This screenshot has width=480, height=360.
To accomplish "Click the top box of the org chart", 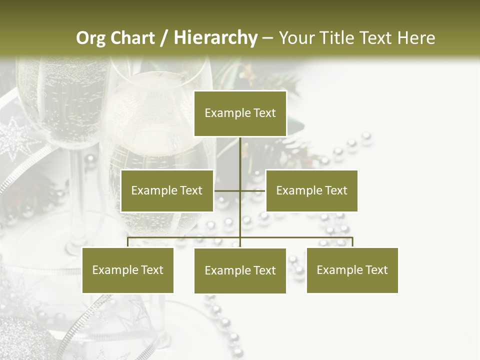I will [240, 113].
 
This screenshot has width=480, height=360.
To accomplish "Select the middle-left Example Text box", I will [167, 190].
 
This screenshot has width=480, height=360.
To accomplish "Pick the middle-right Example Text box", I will [311, 190].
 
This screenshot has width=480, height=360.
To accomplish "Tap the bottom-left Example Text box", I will [128, 270].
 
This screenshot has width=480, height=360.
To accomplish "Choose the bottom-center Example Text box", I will [240, 270].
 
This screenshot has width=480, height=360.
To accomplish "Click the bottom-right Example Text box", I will [352, 270].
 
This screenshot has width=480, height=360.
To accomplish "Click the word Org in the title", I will [91, 38].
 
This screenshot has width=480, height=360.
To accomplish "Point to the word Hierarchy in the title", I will [215, 38].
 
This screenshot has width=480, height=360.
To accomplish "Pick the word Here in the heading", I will [416, 38].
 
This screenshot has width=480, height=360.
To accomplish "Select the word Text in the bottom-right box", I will [375, 270].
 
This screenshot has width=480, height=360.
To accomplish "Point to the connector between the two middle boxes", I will [240, 190].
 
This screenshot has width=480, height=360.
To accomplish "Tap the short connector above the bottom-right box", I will [352, 242].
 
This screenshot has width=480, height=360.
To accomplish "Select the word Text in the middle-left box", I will [190, 190].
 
